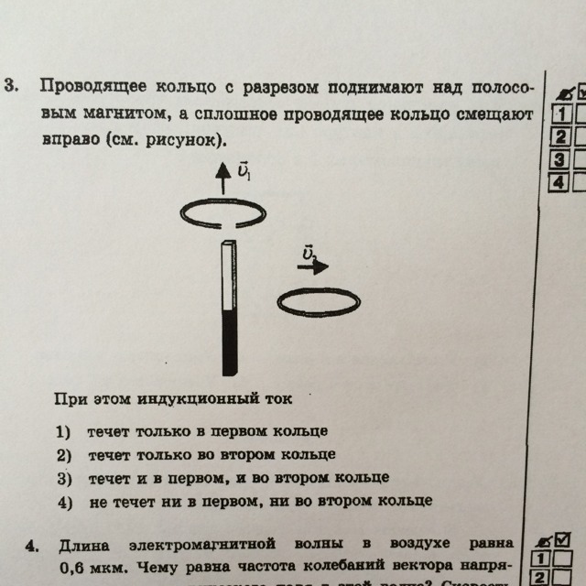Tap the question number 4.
tap(30, 547)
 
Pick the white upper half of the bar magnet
tap(228, 274)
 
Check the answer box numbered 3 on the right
tap(558, 158)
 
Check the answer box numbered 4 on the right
tap(558, 180)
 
